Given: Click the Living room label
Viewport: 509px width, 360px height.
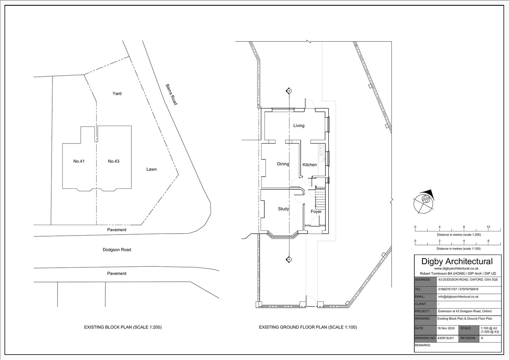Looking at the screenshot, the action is point(299,125).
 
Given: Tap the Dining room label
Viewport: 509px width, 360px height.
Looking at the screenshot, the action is point(283,164).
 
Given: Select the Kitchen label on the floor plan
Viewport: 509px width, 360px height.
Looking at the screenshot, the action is point(310,165).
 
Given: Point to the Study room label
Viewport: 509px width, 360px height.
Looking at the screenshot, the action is point(283,209).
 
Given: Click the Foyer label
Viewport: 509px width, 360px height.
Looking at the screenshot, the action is point(316,211).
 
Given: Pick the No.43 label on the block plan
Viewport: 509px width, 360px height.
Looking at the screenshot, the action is point(113,161).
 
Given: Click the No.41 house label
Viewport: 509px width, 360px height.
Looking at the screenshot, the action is point(79,161).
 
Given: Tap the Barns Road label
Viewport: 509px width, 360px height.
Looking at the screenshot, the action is point(171,95).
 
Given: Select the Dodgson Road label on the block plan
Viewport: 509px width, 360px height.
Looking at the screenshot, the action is point(117,250).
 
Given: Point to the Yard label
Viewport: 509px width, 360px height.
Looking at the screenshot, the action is point(117,94).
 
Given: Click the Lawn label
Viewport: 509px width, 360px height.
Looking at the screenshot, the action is point(151,169).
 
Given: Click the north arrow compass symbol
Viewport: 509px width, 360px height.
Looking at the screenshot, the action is point(423,202).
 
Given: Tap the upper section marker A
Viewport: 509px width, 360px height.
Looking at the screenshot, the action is point(289,91).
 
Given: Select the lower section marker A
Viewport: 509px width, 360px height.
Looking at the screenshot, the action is point(289,259).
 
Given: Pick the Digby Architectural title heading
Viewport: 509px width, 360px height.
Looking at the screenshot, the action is point(457,261).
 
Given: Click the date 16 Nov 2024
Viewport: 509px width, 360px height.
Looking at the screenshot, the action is point(446,328).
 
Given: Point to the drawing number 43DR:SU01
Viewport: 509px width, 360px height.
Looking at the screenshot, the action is point(446,338).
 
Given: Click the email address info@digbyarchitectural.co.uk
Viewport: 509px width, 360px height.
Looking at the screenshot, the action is point(458,297).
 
